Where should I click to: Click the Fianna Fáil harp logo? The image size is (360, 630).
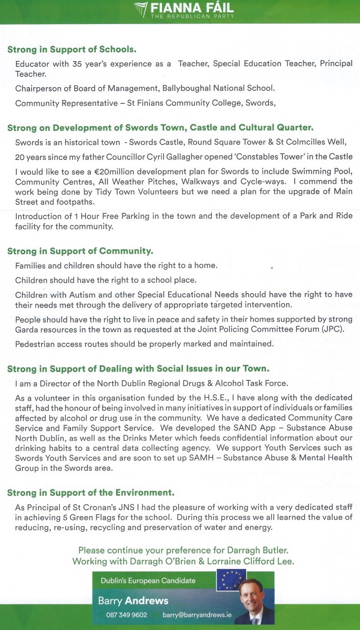click(x=141, y=10)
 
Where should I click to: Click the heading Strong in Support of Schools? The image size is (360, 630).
click(x=72, y=50)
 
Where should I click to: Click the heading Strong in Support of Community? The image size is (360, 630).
click(x=80, y=251)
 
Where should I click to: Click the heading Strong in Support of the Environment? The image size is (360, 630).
click(x=91, y=492)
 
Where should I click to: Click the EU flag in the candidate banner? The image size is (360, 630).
click(x=231, y=579)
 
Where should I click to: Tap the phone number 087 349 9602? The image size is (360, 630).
click(x=127, y=615)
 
